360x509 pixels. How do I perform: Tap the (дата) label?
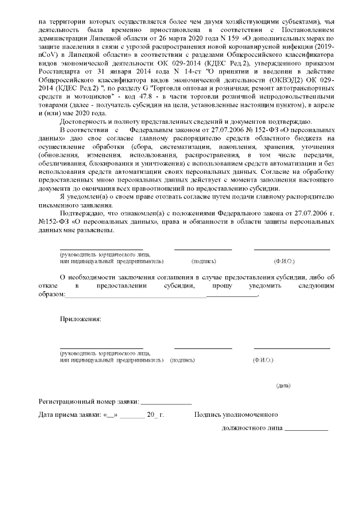pyautogui.click(x=283, y=385)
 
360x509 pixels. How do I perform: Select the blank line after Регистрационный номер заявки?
pyautogui.click(x=166, y=403)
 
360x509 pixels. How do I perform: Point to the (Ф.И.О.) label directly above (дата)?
pyautogui.click(x=263, y=359)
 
